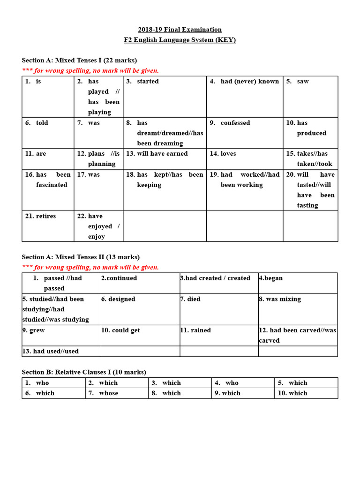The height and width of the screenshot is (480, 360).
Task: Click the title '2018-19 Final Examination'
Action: (x=180, y=30)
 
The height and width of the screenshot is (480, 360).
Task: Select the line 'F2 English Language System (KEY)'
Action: (x=180, y=40)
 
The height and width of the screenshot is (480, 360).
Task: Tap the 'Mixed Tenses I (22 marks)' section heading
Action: (x=79, y=60)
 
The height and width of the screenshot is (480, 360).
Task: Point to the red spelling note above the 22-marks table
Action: (x=90, y=71)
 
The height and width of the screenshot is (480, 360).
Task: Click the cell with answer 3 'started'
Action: (x=148, y=82)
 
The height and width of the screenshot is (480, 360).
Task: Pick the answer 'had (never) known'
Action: (x=249, y=82)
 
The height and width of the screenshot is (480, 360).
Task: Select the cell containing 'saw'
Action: (x=303, y=82)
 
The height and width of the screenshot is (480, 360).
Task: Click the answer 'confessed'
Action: (x=235, y=123)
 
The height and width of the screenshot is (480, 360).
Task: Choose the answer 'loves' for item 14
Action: (x=228, y=154)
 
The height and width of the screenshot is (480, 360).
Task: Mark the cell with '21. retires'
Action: (x=41, y=216)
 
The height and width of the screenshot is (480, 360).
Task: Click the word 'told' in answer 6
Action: (x=42, y=123)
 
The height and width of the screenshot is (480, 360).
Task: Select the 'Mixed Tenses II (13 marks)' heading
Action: (x=81, y=257)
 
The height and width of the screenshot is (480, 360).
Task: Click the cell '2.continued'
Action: (x=119, y=278)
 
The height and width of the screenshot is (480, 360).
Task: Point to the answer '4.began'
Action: (x=270, y=278)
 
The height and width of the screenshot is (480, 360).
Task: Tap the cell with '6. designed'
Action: (x=118, y=299)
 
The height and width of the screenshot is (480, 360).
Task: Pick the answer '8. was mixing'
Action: (x=280, y=299)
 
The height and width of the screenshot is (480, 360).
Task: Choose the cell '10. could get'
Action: (x=120, y=330)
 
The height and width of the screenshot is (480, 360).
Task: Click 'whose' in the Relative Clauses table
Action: (x=109, y=393)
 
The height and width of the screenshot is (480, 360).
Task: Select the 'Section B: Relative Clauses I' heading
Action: (x=84, y=372)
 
